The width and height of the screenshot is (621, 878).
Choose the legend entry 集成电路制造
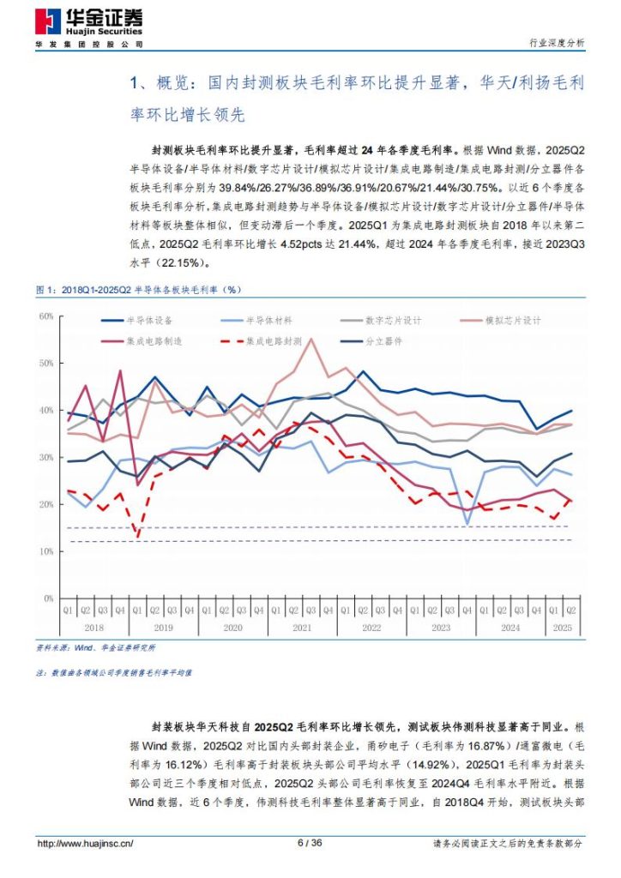pyautogui.click(x=145, y=340)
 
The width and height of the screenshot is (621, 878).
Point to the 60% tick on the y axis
pyautogui.click(x=45, y=316)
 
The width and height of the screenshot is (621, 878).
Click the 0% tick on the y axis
pyautogui.click(x=48, y=598)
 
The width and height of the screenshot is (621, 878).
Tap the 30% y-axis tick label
pyautogui.click(x=45, y=458)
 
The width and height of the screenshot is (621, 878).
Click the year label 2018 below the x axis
pyautogui.click(x=93, y=628)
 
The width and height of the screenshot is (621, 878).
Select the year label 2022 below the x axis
pyautogui.click(x=370, y=628)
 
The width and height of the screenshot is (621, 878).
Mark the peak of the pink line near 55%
pyautogui.click(x=310, y=340)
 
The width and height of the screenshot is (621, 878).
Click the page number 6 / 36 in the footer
pyautogui.click(x=310, y=843)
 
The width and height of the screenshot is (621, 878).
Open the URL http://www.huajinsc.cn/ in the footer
pyautogui.click(x=85, y=844)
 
